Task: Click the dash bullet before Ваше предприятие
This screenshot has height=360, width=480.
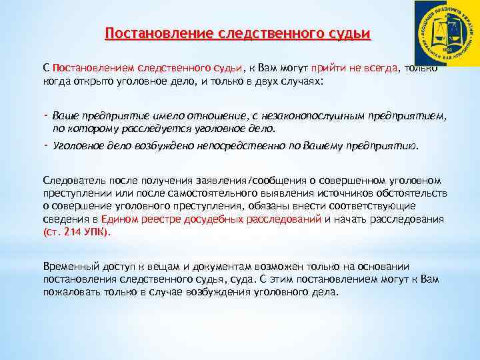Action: [45, 115]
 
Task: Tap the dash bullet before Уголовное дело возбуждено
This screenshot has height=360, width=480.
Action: [45, 144]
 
